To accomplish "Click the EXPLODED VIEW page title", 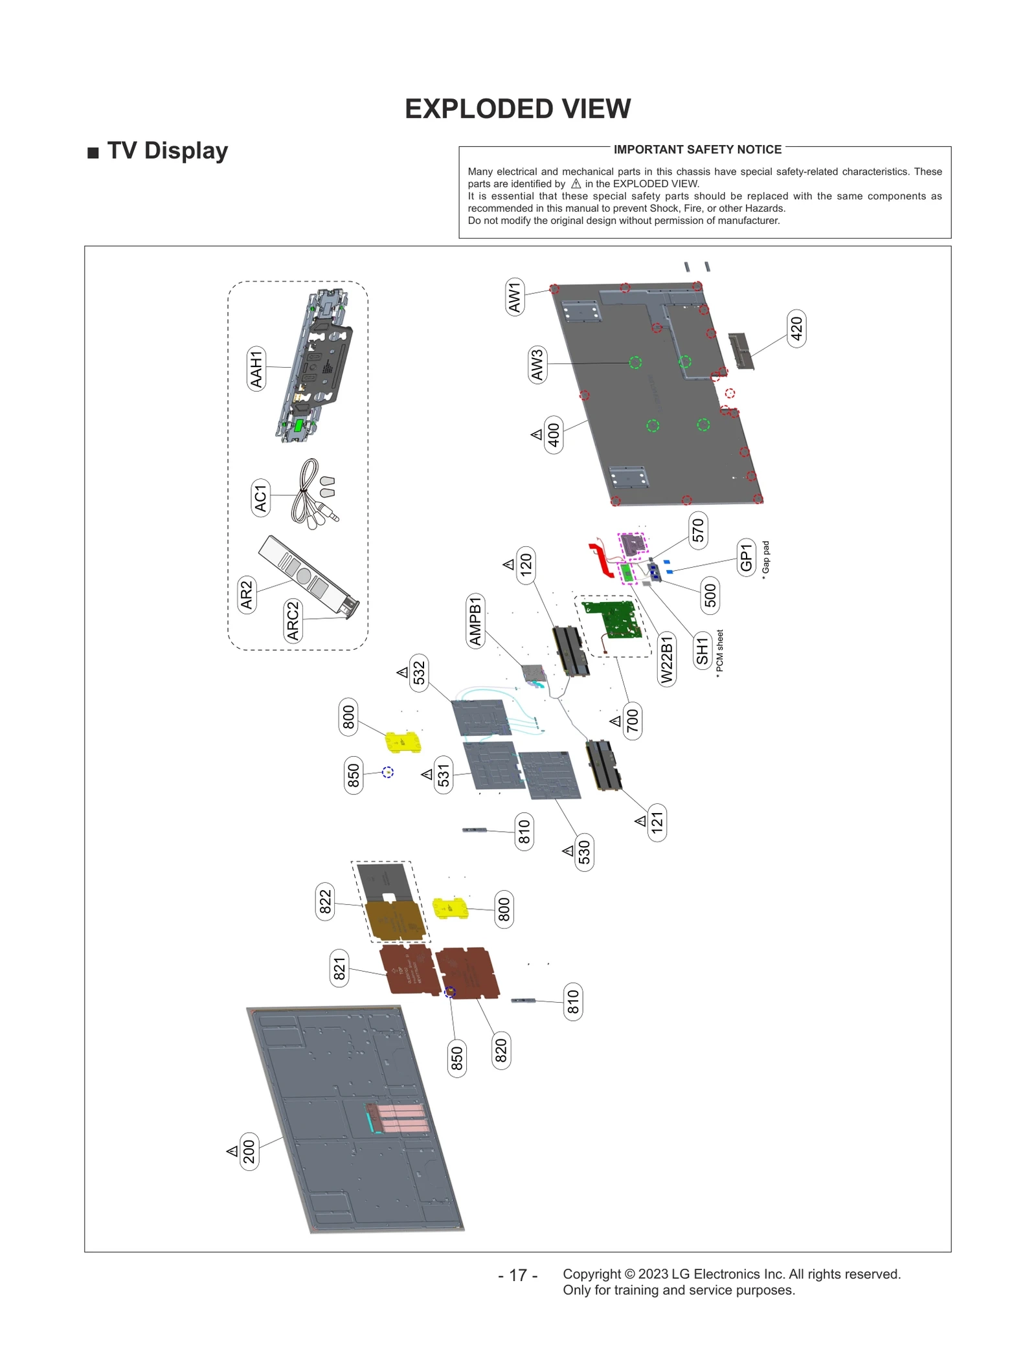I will [517, 109].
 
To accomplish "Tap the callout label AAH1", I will [257, 369].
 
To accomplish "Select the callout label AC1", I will [260, 498].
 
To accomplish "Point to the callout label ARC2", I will [293, 620].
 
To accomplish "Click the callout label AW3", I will [537, 364].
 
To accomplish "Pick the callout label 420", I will [796, 329].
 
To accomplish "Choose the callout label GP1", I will [747, 557].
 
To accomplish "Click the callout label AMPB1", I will [476, 621].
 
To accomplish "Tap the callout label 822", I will [325, 901].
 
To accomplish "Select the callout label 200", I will [249, 1152].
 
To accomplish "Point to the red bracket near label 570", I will [601, 561].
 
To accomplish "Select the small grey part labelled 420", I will [741, 351].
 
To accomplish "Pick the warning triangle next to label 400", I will [537, 434].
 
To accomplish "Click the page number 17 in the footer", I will [518, 1275].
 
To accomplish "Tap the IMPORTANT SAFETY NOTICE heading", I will [697, 150].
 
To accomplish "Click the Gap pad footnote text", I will [765, 559].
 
